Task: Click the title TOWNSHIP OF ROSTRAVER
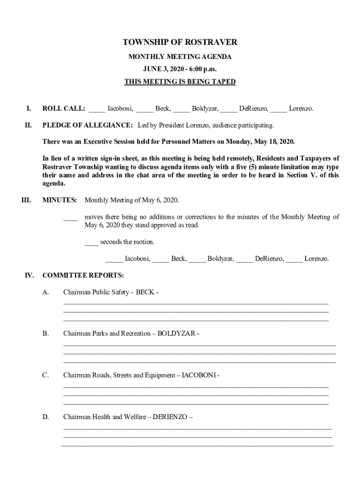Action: click(x=180, y=43)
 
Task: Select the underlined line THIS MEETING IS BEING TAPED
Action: click(x=180, y=82)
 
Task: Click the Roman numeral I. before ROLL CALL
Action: click(x=29, y=109)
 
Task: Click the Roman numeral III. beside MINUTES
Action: click(x=26, y=200)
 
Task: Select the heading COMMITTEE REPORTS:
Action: click(x=83, y=275)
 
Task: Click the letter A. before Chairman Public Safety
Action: click(x=46, y=292)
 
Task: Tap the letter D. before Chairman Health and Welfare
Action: click(x=46, y=417)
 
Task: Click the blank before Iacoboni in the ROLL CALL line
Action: click(x=97, y=110)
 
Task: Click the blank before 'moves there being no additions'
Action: click(x=70, y=218)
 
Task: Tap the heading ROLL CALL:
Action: click(x=64, y=109)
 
